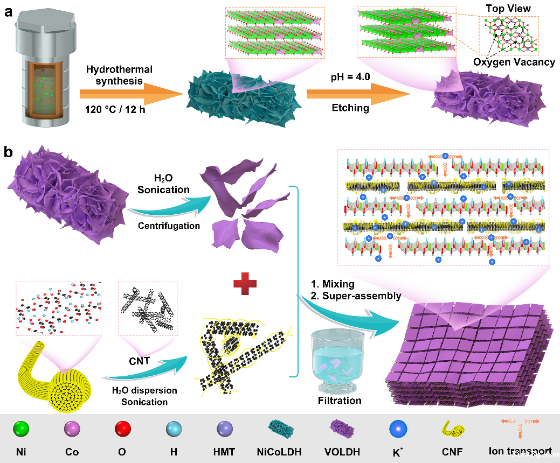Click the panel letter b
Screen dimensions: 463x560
pos(9,152)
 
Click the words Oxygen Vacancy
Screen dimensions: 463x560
pos(514,62)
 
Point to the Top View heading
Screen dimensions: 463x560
pos(508,8)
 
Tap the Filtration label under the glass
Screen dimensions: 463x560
pos(339,401)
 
